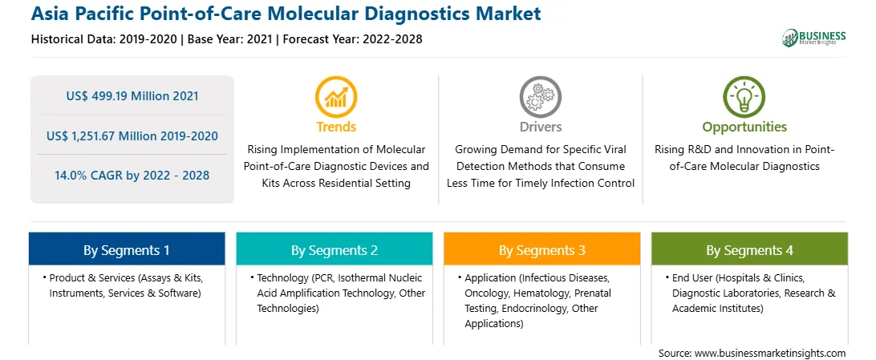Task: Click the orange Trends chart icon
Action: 336,97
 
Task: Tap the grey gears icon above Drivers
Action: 540,97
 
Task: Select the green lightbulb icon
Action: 744,97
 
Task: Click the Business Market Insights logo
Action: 814,38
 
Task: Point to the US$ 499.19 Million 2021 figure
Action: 132,96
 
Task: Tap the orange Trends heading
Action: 336,127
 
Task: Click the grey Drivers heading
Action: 540,127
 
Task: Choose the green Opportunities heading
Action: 744,127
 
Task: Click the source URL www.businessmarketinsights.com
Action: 770,354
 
